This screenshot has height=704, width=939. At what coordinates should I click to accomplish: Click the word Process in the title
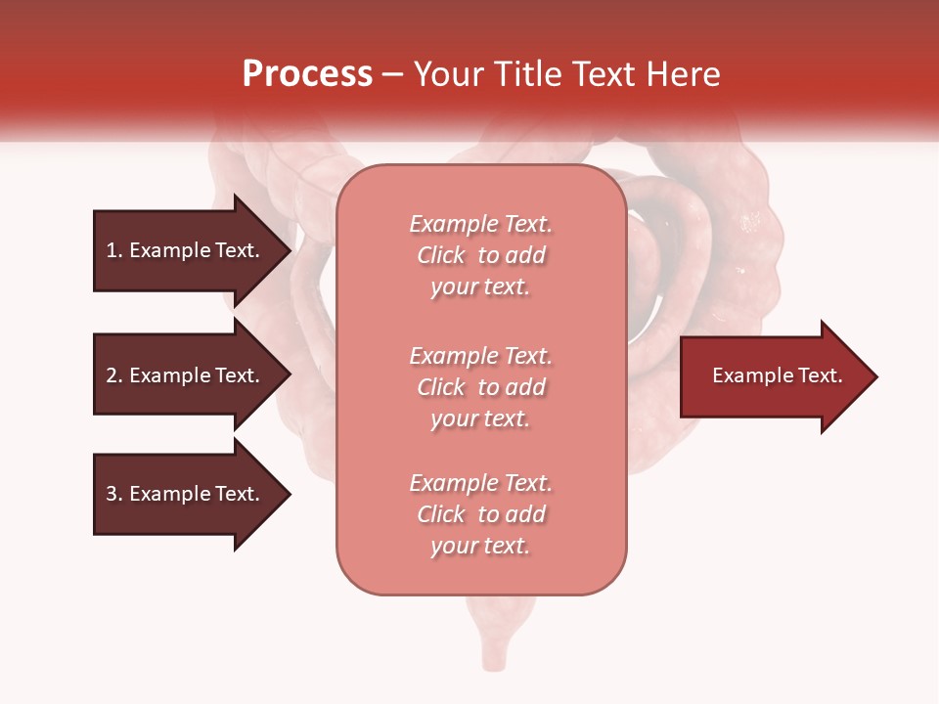pos(307,74)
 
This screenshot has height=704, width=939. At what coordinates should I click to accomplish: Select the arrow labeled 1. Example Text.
pos(186,250)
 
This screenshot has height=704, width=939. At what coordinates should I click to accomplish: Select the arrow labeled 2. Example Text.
pos(186,375)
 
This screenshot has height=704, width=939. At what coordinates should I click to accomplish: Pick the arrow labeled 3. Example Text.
pos(186,494)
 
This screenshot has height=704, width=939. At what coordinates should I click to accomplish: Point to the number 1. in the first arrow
pos(114,250)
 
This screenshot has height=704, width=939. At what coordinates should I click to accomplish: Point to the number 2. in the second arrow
pos(114,375)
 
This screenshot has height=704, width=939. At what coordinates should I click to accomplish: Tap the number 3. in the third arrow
pos(114,494)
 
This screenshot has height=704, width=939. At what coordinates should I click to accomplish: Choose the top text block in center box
pos(480,255)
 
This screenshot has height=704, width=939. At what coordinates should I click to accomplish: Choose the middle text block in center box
pos(480,387)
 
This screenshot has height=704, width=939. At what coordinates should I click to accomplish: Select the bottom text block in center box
pos(480,514)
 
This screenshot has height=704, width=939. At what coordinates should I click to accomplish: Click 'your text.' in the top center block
pos(480,287)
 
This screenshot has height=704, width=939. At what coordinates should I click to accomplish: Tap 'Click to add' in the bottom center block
pos(480,514)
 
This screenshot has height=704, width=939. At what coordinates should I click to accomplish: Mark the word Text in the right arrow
pos(820,375)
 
